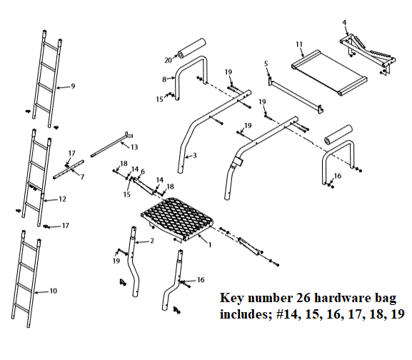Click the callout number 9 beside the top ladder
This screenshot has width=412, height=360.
pos(73,86)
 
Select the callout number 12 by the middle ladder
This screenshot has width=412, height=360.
pos(64,200)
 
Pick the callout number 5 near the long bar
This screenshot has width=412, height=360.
pos(266,64)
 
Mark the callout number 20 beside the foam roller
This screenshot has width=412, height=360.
pos(169,60)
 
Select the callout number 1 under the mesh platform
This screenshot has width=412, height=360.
pos(210,245)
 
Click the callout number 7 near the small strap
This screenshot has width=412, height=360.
pos(82,176)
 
